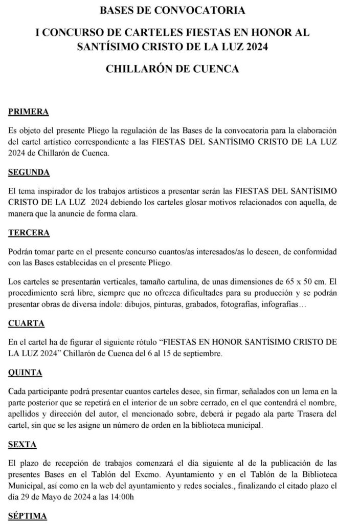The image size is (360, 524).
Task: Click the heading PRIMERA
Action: click(x=29, y=112)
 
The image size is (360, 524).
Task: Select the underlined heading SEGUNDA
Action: click(x=29, y=172)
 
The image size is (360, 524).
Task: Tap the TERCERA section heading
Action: click(x=29, y=233)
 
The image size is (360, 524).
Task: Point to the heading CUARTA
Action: click(x=26, y=323)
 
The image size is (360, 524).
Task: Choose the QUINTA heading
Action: click(x=26, y=373)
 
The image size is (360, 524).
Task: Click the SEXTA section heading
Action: click(x=23, y=445)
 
